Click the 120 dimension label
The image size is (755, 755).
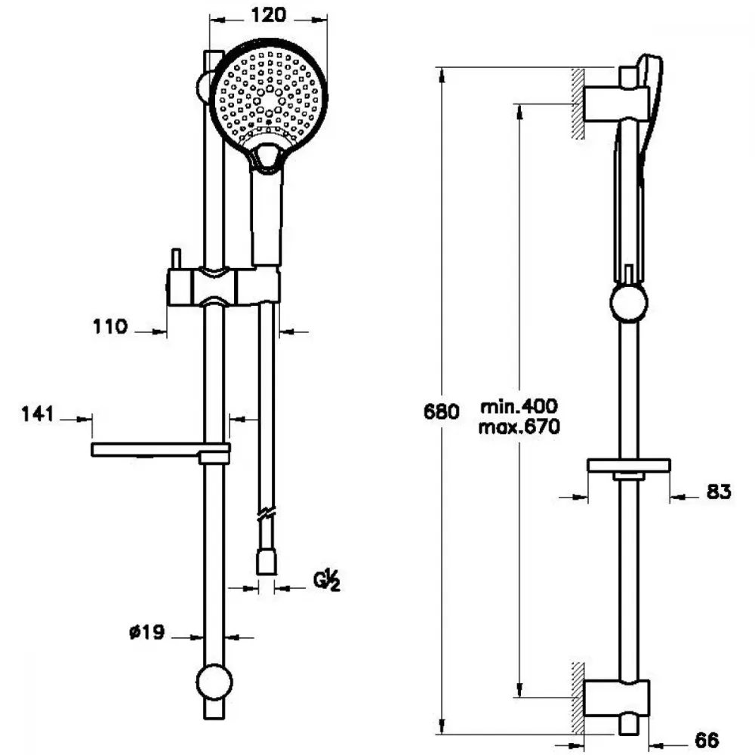pyautogui.click(x=268, y=15)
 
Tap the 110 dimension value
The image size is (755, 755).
pyautogui.click(x=110, y=327)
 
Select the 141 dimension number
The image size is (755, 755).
pyautogui.click(x=38, y=414)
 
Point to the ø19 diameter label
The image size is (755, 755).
pyautogui.click(x=147, y=631)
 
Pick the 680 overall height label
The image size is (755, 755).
pyautogui.click(x=441, y=411)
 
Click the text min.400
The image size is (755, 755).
pyautogui.click(x=519, y=406)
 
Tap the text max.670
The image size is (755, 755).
pyautogui.click(x=519, y=427)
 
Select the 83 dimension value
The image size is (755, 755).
pyautogui.click(x=719, y=492)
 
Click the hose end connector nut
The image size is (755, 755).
pyautogui.click(x=267, y=563)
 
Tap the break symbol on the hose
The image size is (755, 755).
pyautogui.click(x=267, y=514)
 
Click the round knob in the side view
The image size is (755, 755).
pyautogui.click(x=628, y=303)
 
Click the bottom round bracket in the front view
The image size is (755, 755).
pyautogui.click(x=214, y=683)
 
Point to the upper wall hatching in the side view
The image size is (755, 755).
pyautogui.click(x=578, y=103)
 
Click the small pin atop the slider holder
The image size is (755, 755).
pyautogui.click(x=176, y=259)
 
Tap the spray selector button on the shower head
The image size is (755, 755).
pyautogui.click(x=267, y=158)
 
